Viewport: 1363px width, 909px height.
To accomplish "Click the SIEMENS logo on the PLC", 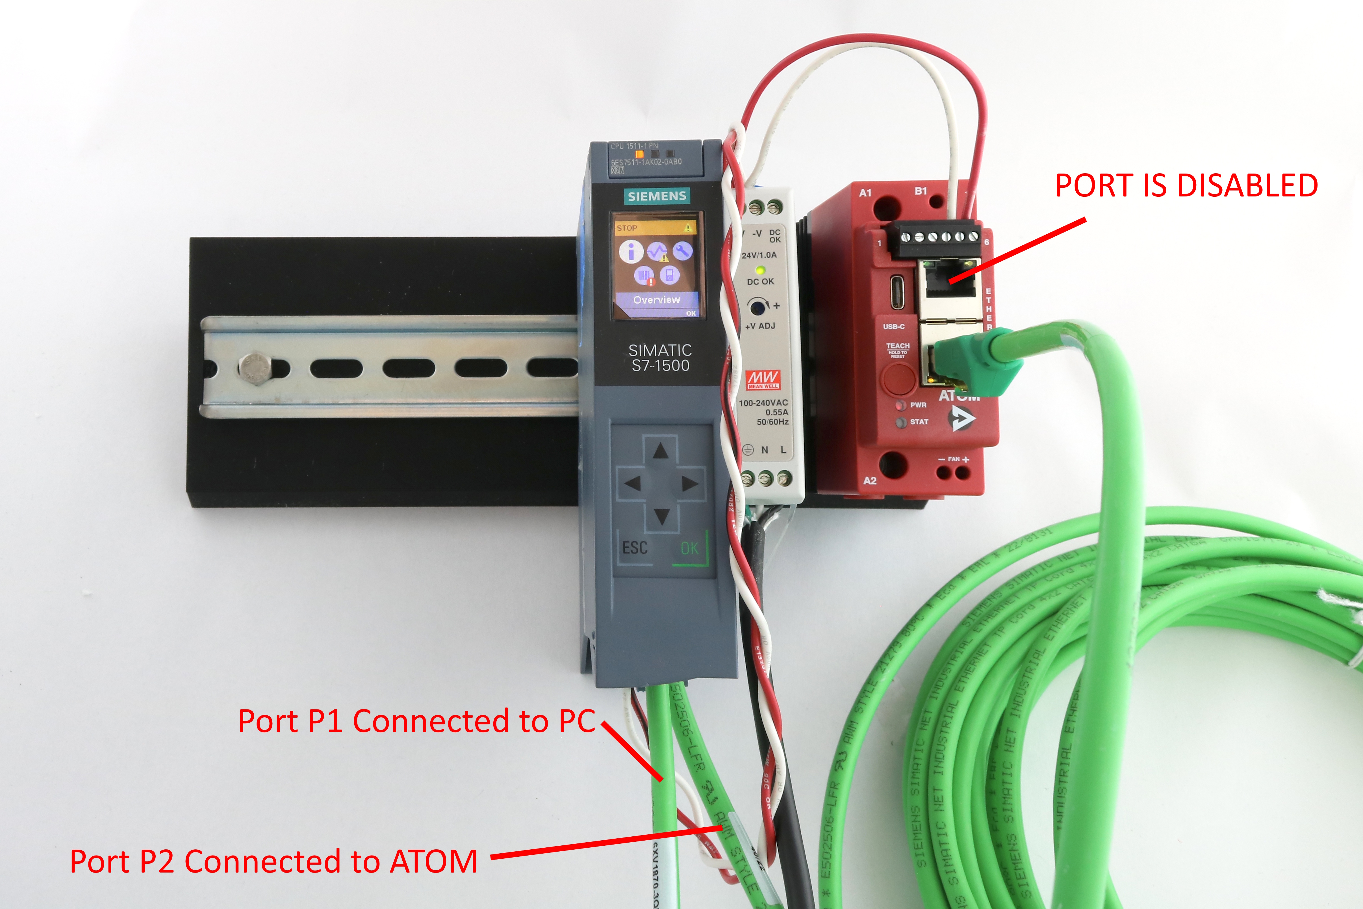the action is pos(657,196).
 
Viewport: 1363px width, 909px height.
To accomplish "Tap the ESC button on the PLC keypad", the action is pos(635,548).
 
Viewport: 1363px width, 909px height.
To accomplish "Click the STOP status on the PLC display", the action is pos(627,228).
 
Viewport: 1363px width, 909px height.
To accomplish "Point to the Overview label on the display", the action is pos(657,300).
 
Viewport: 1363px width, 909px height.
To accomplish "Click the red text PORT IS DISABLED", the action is pos(1186,185).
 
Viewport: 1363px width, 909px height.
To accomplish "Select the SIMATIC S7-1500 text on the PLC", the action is pos(660,358).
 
